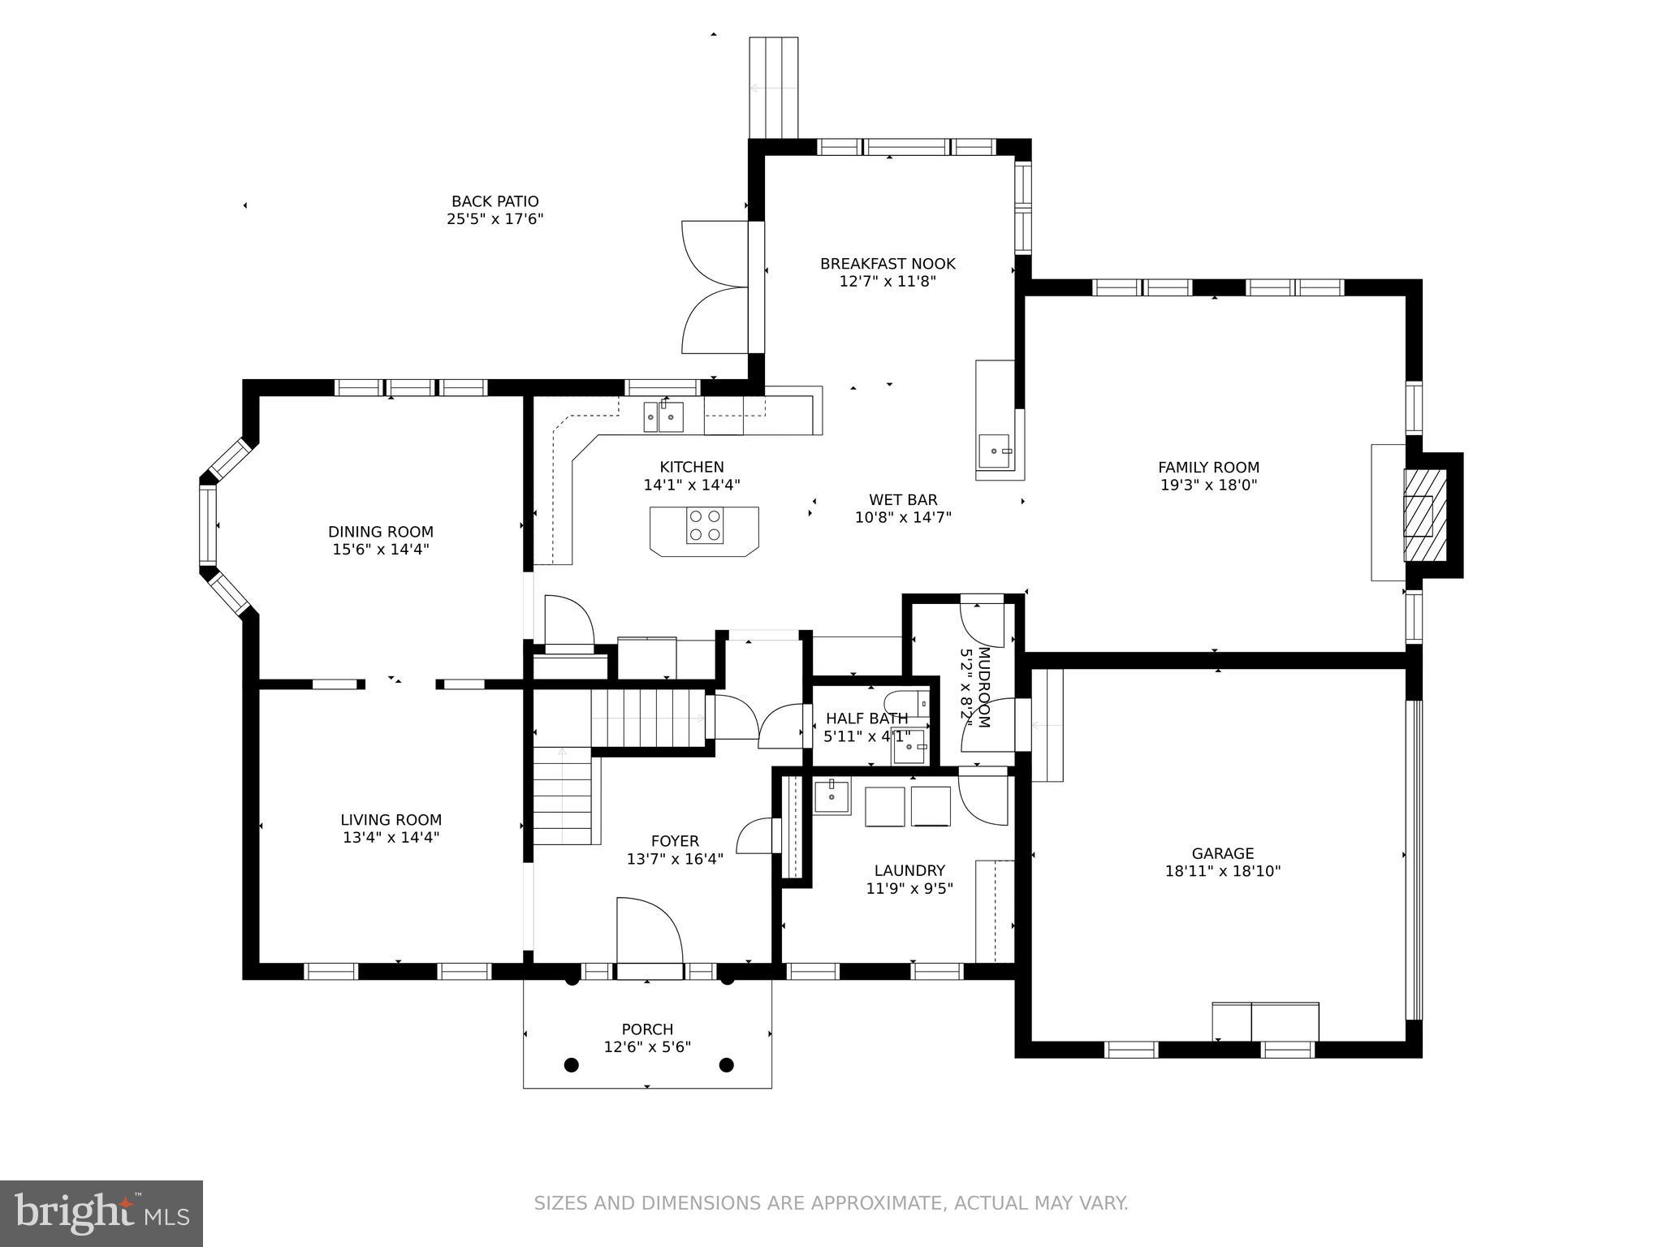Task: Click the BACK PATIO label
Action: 495,201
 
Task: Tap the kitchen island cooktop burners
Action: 704,524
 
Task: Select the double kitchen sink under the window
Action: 663,417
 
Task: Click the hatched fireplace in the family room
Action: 1425,516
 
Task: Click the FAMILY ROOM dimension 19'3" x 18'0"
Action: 1208,485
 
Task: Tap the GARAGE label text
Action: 1222,853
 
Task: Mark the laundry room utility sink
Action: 831,796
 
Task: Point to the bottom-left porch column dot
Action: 572,1064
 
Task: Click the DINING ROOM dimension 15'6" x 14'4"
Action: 380,550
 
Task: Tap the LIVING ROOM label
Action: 391,820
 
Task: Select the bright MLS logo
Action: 101,1213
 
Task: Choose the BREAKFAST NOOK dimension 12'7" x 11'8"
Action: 888,282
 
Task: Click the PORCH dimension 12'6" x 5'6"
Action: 647,1047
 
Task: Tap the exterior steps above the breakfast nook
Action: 773,88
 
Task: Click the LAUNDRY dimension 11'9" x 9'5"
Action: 909,888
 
